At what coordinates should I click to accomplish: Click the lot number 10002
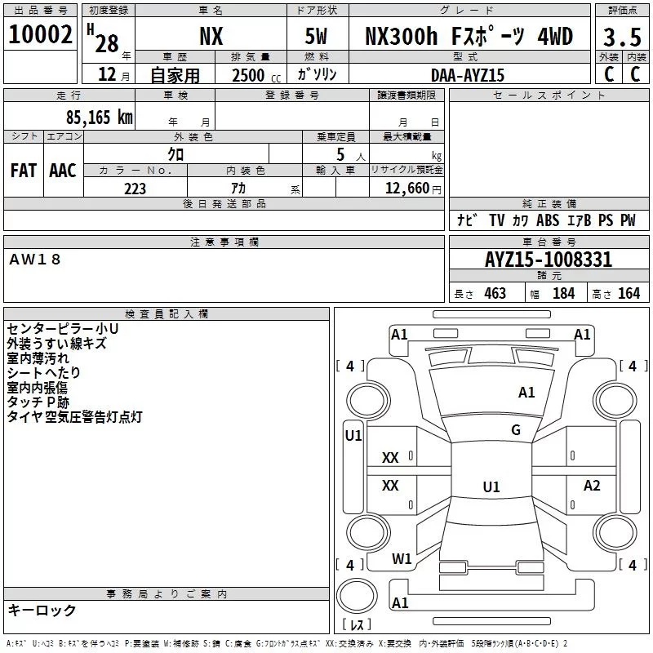(40, 35)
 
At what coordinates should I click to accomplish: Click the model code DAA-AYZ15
(468, 75)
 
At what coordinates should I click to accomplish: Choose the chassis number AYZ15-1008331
(548, 260)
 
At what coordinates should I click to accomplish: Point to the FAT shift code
(23, 171)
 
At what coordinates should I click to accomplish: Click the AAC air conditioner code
(63, 171)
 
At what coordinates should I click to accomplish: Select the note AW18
(35, 259)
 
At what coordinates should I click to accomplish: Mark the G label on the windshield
(516, 430)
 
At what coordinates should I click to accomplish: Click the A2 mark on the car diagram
(592, 486)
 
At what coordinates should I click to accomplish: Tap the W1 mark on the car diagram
(402, 559)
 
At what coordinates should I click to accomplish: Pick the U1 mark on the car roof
(491, 487)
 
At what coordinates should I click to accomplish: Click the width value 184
(563, 294)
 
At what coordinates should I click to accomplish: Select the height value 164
(629, 294)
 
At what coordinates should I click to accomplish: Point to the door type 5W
(317, 36)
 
